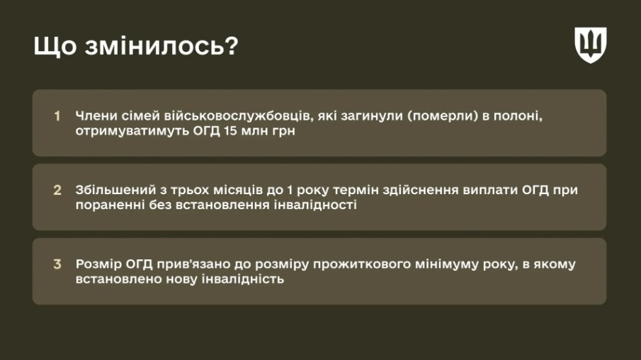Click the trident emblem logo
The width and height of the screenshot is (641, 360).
point(590,45)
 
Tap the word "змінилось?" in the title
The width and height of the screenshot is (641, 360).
point(161,45)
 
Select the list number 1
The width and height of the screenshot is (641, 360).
point(57,116)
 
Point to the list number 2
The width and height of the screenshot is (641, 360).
point(57,190)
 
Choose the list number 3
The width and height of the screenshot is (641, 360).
point(57,264)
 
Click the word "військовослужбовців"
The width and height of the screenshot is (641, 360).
point(237,116)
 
